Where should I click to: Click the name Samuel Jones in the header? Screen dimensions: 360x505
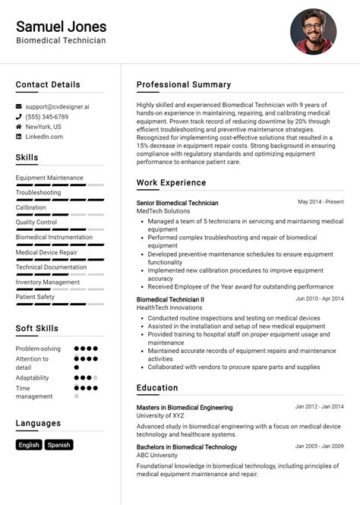point(61,27)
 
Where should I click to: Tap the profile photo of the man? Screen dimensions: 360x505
point(313,32)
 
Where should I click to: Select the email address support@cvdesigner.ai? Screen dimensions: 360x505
point(57,107)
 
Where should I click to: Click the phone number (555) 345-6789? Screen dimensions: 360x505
point(46,117)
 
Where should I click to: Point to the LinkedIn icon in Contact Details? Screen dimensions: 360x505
point(19,137)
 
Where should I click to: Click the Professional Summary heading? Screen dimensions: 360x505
point(184,84)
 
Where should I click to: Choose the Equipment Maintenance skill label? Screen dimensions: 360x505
point(49,178)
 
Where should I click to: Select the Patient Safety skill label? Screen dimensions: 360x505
point(35,297)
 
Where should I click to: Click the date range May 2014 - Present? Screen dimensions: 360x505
point(321,202)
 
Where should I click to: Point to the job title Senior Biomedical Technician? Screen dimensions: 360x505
point(177,203)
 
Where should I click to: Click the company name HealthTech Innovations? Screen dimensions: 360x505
point(169,308)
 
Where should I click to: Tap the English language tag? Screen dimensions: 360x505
point(29,445)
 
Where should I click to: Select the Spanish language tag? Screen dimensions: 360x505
point(58,445)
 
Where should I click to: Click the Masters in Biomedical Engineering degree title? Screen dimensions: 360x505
point(185,407)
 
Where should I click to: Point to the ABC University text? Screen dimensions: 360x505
point(157,456)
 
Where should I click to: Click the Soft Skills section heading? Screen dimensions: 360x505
point(36,329)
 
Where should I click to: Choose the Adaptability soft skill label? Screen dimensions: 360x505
point(32,377)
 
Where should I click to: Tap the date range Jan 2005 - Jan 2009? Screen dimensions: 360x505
point(319,447)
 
